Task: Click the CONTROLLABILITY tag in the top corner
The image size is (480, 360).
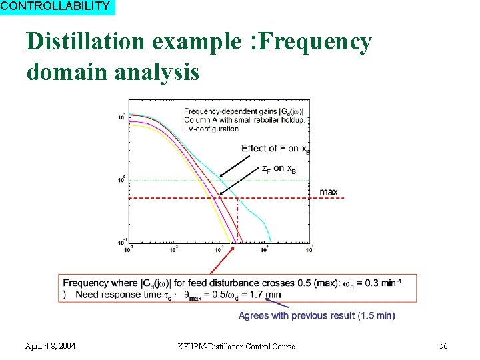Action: [56, 7]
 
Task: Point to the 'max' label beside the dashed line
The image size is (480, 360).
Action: [329, 192]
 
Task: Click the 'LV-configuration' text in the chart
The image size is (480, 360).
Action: [211, 127]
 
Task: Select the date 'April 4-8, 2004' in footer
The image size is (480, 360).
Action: [50, 346]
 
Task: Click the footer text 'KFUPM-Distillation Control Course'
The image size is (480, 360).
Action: [236, 346]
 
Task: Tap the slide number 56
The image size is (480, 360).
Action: [443, 345]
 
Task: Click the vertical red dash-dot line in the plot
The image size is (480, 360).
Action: [238, 220]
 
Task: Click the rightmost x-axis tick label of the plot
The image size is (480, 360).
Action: [310, 249]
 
